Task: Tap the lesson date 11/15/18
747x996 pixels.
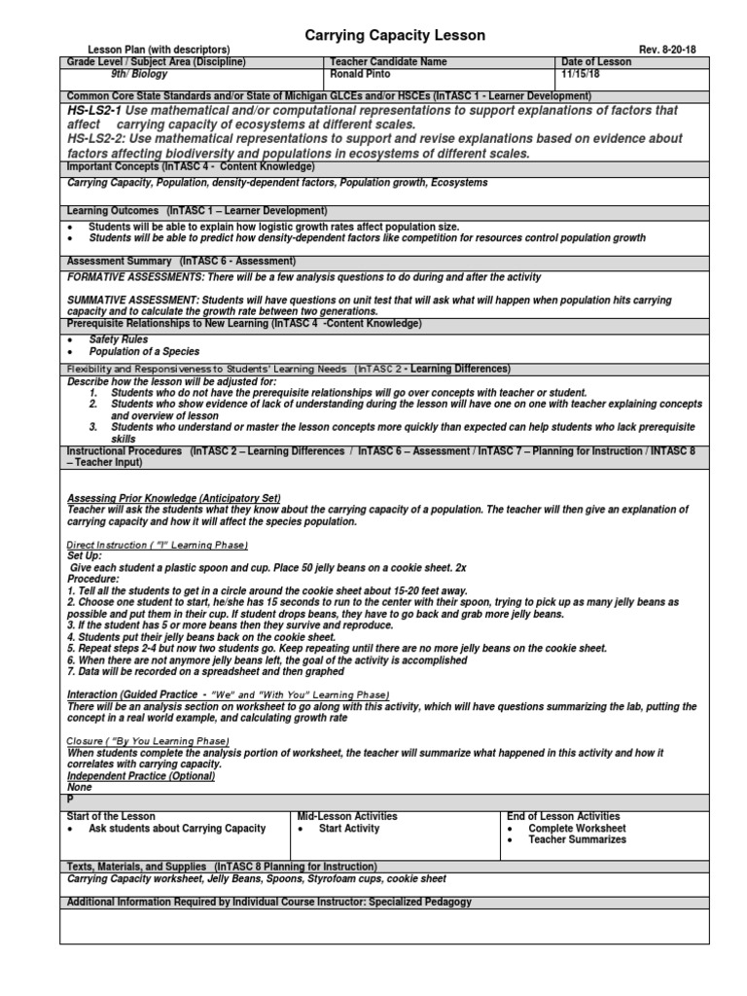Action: point(584,74)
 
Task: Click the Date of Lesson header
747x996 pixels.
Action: point(596,62)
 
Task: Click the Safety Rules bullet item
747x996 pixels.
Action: point(119,339)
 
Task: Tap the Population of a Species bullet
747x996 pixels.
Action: point(144,351)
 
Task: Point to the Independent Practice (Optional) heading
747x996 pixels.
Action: point(141,775)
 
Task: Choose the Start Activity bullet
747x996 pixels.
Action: point(349,829)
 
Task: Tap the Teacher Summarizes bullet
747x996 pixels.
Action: point(577,840)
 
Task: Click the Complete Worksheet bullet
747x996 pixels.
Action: point(577,829)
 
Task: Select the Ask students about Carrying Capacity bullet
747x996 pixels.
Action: point(176,829)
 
